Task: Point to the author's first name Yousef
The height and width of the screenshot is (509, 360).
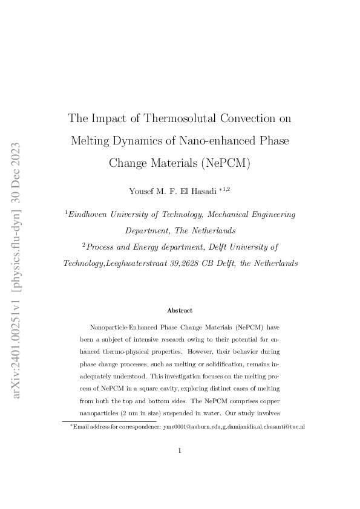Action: [141, 191]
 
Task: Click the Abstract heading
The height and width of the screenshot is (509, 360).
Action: [180, 310]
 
